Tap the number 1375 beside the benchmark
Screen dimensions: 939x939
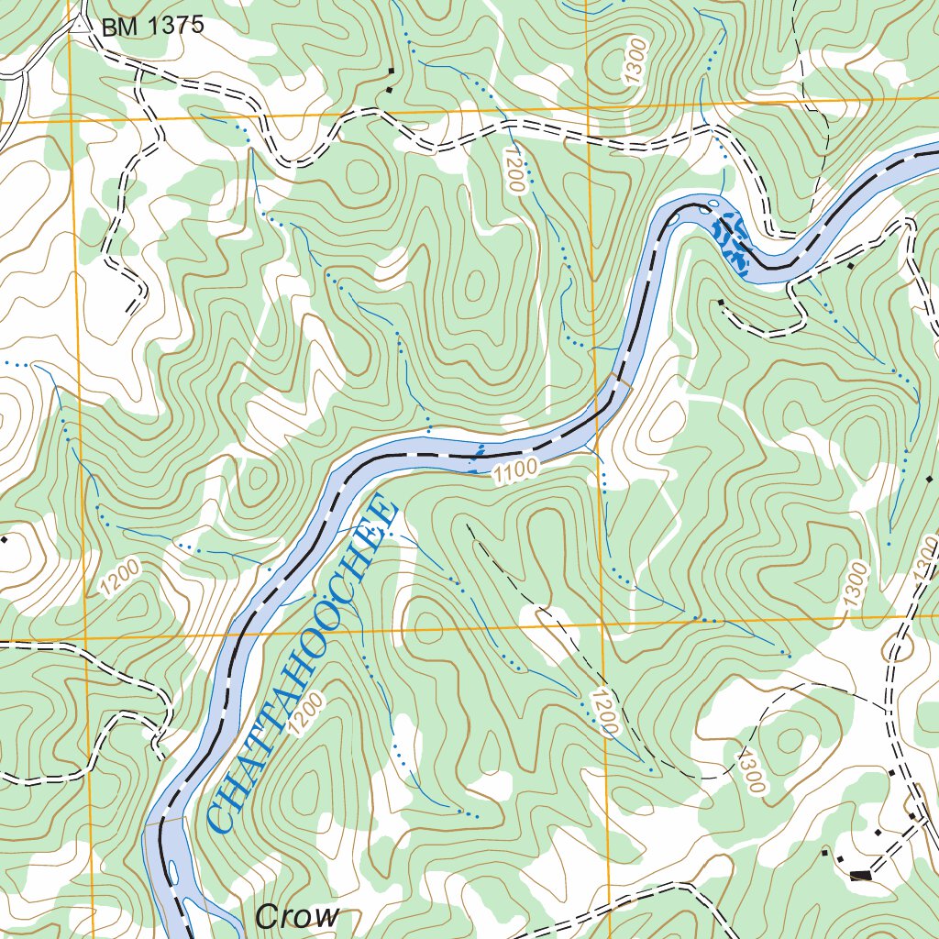[x=169, y=27]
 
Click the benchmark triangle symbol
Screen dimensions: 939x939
[x=80, y=26]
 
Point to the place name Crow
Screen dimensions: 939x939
[x=297, y=916]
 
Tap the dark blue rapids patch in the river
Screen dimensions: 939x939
[x=732, y=241]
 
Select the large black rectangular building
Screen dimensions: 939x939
[x=860, y=875]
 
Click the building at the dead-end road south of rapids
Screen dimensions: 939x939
[x=721, y=302]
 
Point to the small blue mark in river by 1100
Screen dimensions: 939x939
[x=477, y=452]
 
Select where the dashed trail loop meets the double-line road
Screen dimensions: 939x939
[x=887, y=708]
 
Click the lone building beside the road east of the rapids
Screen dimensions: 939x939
[x=851, y=266]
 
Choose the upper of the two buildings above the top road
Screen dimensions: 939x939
[x=392, y=71]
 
